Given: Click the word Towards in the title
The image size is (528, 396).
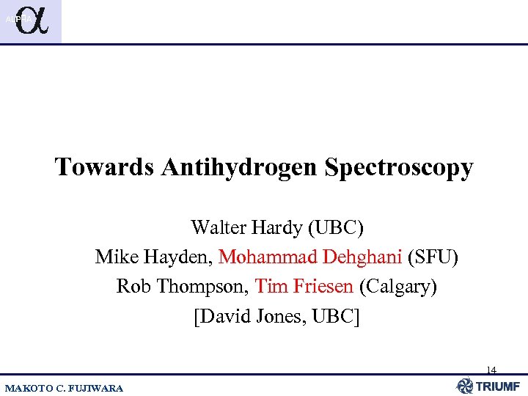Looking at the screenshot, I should click(x=104, y=167).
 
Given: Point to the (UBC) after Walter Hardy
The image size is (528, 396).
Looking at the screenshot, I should click(x=334, y=227).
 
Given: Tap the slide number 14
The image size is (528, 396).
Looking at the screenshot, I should click(x=491, y=370).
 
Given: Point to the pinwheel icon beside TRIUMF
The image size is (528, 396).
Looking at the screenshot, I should click(x=465, y=386).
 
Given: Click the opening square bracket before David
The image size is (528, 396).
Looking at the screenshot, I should click(x=196, y=317).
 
